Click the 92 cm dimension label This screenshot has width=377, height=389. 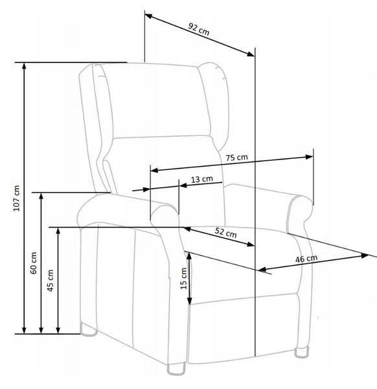(198, 29)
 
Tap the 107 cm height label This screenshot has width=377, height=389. (16, 198)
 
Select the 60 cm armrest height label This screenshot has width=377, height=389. (34, 263)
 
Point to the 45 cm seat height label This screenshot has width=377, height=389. (50, 280)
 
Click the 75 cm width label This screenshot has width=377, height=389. (236, 158)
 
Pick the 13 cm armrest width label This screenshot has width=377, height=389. (201, 179)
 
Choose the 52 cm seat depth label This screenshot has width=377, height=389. (225, 233)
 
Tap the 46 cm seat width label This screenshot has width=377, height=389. (306, 259)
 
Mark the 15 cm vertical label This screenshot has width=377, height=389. (184, 278)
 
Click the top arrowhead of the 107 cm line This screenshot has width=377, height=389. (24, 65)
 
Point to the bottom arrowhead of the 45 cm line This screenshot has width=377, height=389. (58, 330)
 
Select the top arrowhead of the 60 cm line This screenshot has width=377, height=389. (41, 196)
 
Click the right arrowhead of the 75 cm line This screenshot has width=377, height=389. (310, 157)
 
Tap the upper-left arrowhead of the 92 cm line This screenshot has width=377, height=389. (148, 16)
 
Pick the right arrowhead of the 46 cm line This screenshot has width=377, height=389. (365, 255)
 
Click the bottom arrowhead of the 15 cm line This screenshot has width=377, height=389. (189, 301)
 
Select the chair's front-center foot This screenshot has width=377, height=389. (176, 368)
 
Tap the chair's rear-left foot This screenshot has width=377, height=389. (88, 329)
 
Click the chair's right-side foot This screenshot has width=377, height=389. (302, 352)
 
